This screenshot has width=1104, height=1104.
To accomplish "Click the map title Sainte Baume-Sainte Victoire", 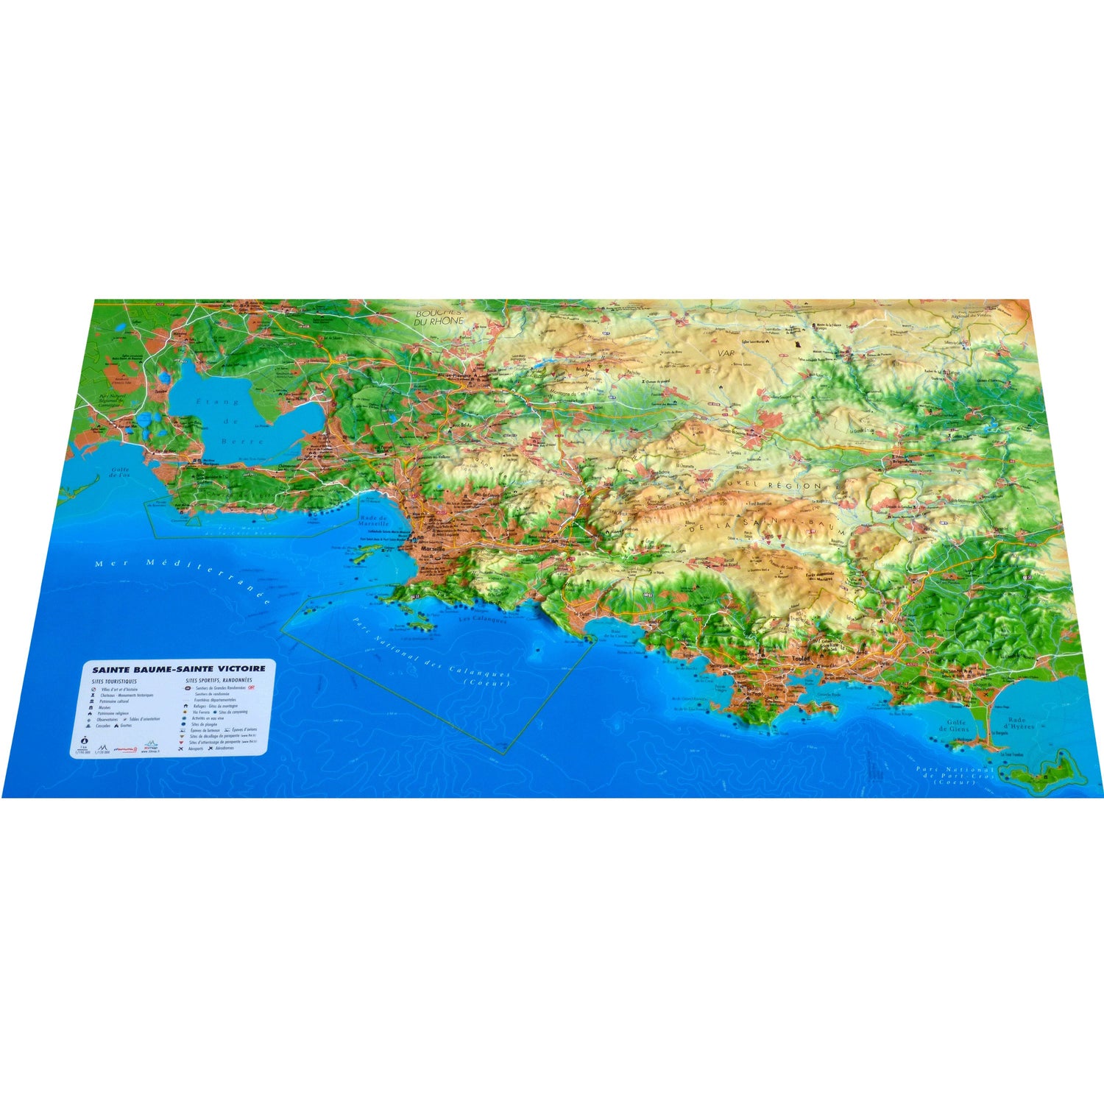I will click(179, 670).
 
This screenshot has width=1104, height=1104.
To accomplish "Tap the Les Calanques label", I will click(483, 620).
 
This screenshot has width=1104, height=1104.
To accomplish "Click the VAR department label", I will click(726, 353).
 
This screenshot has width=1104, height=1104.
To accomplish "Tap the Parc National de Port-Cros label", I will click(955, 776).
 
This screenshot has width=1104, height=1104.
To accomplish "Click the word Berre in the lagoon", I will click(250, 442).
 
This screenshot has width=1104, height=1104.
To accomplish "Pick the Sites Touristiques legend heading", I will click(115, 682).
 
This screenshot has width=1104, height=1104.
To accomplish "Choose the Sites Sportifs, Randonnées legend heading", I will click(219, 681).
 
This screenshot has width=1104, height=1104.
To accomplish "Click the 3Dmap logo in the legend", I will click(151, 746).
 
